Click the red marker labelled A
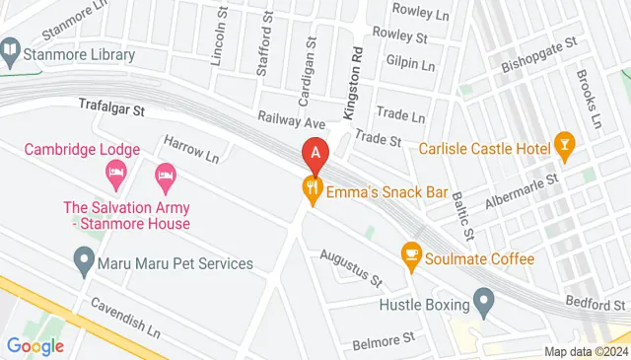[x=315, y=154]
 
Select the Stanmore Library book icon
[x=11, y=48]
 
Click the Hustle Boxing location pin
[x=483, y=298]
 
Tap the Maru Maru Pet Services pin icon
[x=84, y=263]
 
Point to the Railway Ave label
[x=291, y=122]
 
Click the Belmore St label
[x=384, y=339]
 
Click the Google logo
[x=35, y=345]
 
